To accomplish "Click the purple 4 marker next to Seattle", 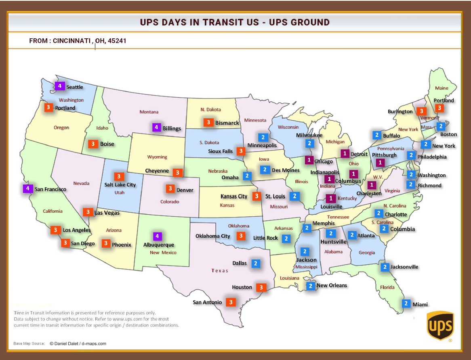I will [59, 86].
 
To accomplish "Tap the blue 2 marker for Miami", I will [406, 303].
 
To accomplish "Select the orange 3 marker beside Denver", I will [170, 189].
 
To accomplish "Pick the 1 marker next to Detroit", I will [345, 153].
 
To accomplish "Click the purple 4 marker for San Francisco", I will [28, 188].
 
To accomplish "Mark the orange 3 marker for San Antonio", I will [230, 302].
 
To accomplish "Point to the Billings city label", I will [172, 128].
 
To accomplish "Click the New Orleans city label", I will [332, 285].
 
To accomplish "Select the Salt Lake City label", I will [120, 185].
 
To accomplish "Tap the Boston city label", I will [448, 134].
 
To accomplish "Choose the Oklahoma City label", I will [213, 236].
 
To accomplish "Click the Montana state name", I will [149, 112].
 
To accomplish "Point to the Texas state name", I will [220, 270].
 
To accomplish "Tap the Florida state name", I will [387, 287].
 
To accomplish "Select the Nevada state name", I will [81, 183].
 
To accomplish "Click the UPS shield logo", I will [440, 326].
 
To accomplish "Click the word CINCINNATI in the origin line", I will [71, 41].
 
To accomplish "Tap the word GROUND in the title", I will [309, 22].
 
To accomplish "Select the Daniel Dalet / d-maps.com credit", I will [78, 343].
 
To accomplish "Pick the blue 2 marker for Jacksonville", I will [385, 267].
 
